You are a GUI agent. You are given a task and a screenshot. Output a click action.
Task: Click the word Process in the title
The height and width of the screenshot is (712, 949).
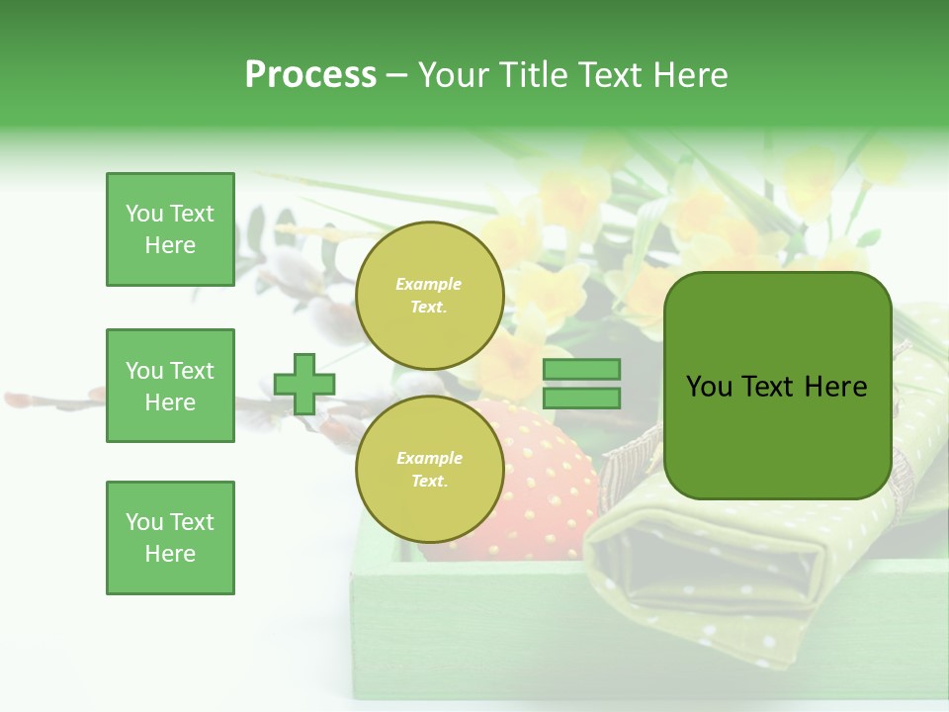pyautogui.click(x=310, y=75)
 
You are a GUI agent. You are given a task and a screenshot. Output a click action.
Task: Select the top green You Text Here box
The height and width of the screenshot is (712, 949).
pyautogui.click(x=170, y=229)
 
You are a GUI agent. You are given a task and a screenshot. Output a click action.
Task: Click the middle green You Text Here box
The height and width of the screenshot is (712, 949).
pyautogui.click(x=170, y=386)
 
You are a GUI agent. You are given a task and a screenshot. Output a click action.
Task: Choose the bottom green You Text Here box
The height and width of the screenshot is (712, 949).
pyautogui.click(x=170, y=538)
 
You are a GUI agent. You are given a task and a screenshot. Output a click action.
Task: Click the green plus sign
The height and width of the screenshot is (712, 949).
pyautogui.click(x=303, y=384)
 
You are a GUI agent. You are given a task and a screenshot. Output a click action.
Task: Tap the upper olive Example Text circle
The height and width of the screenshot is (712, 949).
pyautogui.click(x=429, y=295)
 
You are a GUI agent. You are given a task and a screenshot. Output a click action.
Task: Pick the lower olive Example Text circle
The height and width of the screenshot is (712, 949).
pyautogui.click(x=429, y=470)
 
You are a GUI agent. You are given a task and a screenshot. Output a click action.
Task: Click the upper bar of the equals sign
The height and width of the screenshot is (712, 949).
pyautogui.click(x=582, y=369)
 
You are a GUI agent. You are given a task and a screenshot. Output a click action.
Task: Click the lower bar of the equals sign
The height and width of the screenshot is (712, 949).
pyautogui.click(x=582, y=398)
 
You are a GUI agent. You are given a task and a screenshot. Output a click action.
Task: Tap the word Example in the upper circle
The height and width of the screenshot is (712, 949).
pyautogui.click(x=428, y=284)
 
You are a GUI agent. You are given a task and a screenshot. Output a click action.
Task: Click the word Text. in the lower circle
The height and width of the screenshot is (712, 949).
pyautogui.click(x=428, y=482)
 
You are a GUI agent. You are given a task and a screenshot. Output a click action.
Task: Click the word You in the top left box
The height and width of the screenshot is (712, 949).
pyautogui.click(x=143, y=214)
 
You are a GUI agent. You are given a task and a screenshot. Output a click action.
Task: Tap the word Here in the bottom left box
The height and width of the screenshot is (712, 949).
pyautogui.click(x=170, y=554)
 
